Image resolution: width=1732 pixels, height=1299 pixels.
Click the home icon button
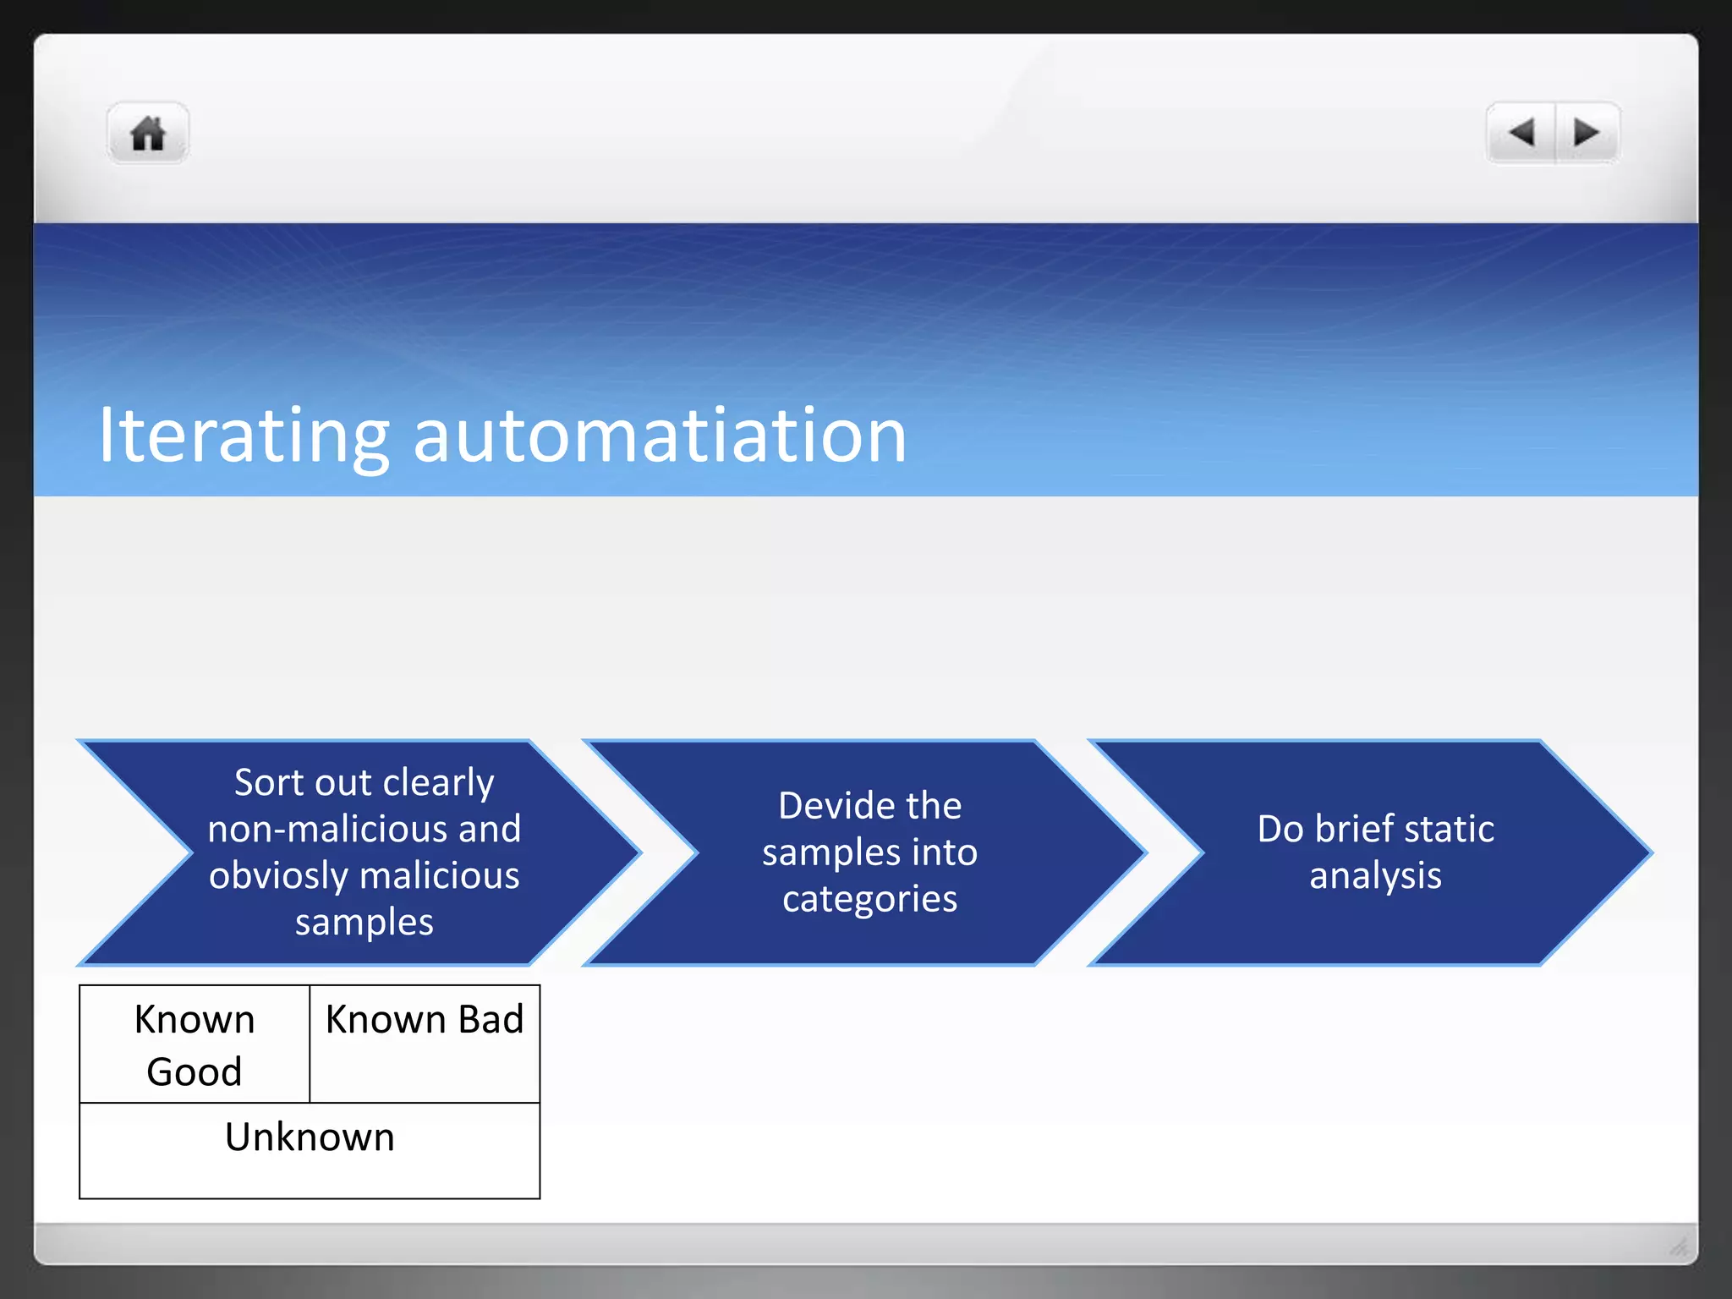point(148,134)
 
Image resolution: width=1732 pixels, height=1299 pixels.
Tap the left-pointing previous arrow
point(1521,133)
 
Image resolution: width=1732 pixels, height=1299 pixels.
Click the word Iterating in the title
point(244,436)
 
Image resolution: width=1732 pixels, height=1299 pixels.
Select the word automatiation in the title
point(660,436)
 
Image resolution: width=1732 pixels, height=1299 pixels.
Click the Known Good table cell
point(195,1044)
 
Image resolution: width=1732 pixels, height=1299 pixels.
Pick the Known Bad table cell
point(425,1044)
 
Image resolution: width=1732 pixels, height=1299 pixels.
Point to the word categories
point(869,899)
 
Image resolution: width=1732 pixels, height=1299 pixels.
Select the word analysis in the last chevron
point(1375,876)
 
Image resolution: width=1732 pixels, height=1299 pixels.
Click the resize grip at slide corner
point(1679,1246)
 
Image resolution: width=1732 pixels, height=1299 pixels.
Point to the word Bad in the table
point(491,1019)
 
